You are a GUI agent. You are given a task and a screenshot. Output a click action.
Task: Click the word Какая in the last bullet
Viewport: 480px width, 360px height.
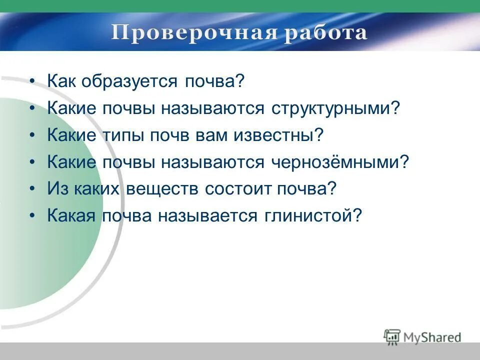[72, 216]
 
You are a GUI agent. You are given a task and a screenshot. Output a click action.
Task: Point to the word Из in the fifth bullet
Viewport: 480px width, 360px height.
[55, 189]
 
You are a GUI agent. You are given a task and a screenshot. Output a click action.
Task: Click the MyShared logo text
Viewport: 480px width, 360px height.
[432, 337]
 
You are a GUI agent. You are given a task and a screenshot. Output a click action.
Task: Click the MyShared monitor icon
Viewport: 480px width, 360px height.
[392, 336]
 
